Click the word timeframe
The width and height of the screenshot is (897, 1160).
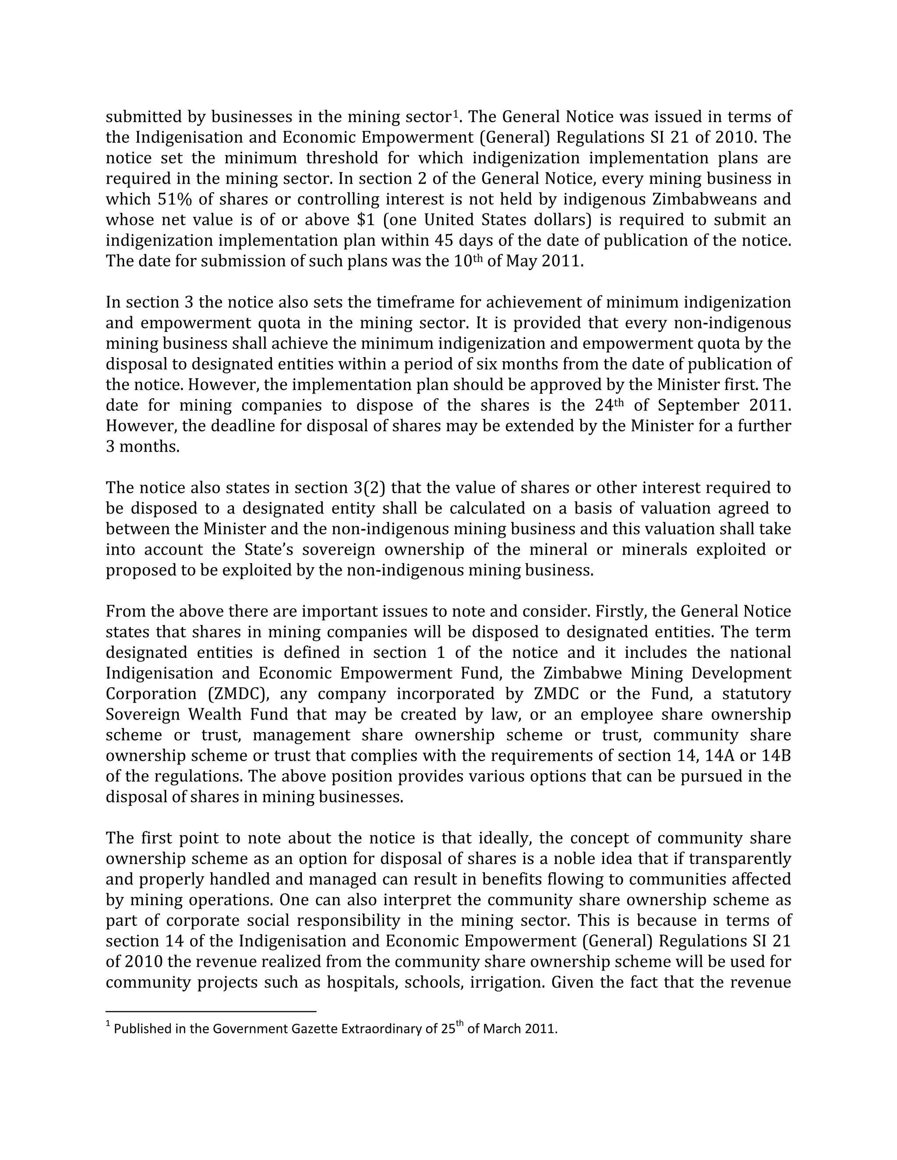tap(416, 302)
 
